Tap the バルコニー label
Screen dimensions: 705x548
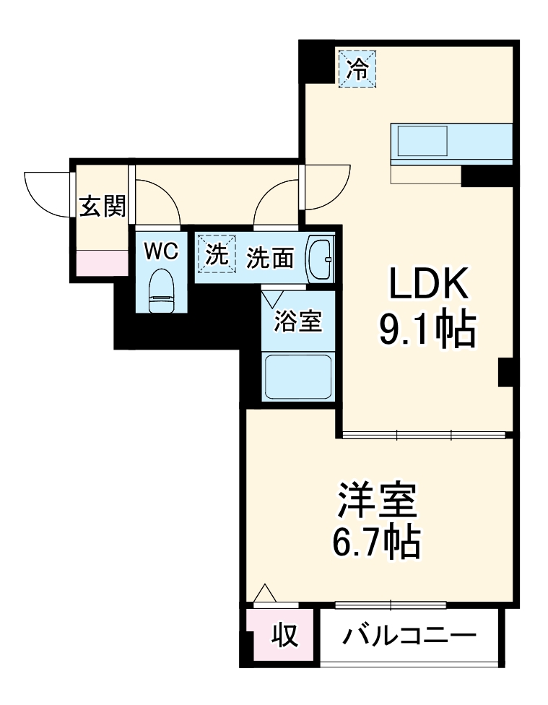click(x=409, y=636)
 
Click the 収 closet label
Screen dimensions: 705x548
click(x=284, y=636)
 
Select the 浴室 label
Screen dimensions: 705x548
click(x=297, y=321)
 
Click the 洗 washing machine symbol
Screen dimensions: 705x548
click(x=217, y=254)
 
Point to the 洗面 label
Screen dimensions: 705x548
click(x=270, y=258)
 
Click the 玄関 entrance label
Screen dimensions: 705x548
click(x=102, y=207)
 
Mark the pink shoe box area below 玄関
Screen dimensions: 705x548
click(x=102, y=262)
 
